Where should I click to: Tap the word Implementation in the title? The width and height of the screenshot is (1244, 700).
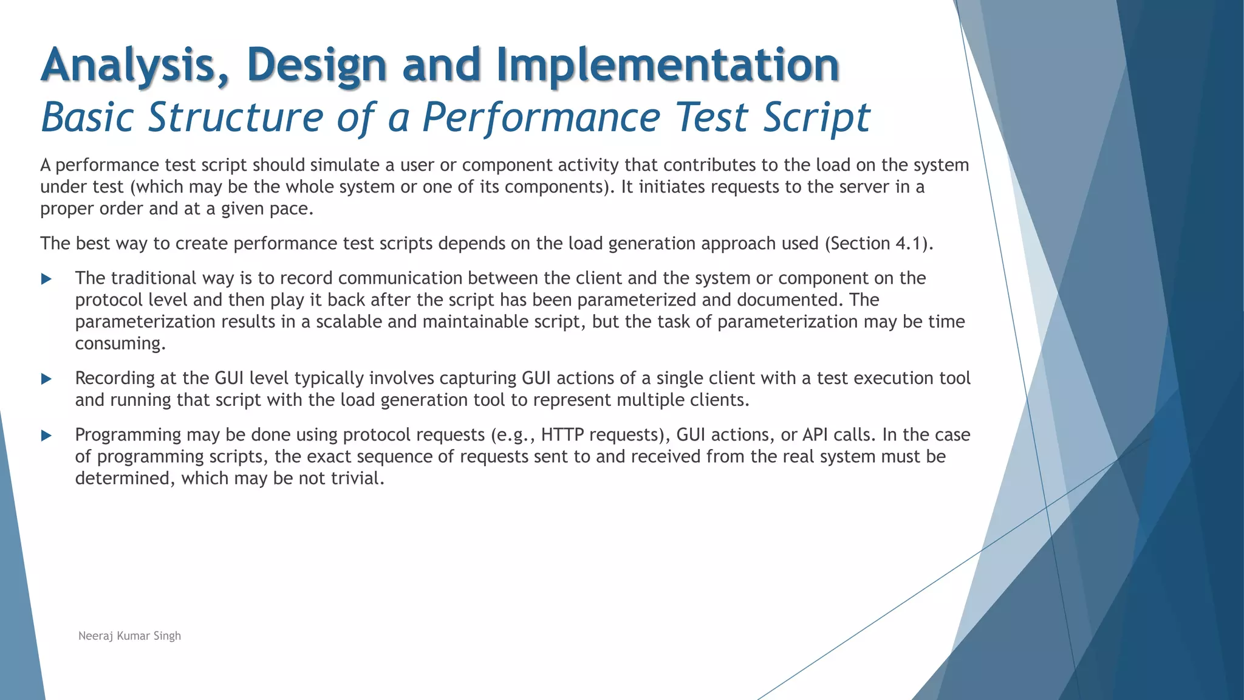click(668, 65)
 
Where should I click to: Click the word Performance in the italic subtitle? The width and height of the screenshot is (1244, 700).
click(541, 117)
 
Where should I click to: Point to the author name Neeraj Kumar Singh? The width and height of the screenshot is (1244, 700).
click(129, 636)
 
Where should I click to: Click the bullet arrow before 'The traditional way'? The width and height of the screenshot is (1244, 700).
click(46, 279)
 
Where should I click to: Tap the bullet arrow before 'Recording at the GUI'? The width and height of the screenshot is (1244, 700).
click(46, 379)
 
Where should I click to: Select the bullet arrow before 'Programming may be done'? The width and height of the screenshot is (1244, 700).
click(46, 436)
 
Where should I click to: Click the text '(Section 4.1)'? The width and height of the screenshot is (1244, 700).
click(878, 244)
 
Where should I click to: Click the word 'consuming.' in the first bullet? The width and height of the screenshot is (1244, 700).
click(120, 344)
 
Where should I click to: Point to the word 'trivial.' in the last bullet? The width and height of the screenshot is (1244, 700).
click(358, 479)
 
